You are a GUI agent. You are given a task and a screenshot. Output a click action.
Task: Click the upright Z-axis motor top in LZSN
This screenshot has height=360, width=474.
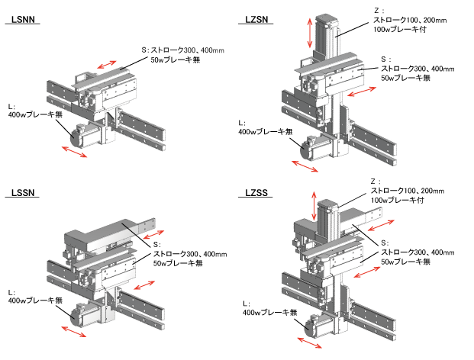pyautogui.click(x=324, y=21)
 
